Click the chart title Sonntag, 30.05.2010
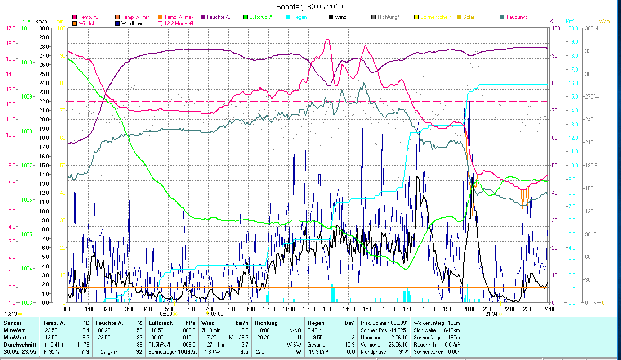[x=310, y=7]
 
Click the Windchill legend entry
[x=90, y=23]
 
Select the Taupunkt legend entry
[x=516, y=17]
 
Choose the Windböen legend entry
[x=133, y=23]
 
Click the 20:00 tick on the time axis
[x=469, y=309]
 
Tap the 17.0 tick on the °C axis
[x=9, y=28]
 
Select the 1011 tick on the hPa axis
[x=27, y=28]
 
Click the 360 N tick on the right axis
[x=592, y=28]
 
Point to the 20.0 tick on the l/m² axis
[x=572, y=28]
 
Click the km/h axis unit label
[x=41, y=21]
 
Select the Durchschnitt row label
[x=18, y=344]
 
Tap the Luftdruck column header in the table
[x=161, y=323]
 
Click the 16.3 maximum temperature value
[x=86, y=337]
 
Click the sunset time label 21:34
[x=491, y=314]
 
